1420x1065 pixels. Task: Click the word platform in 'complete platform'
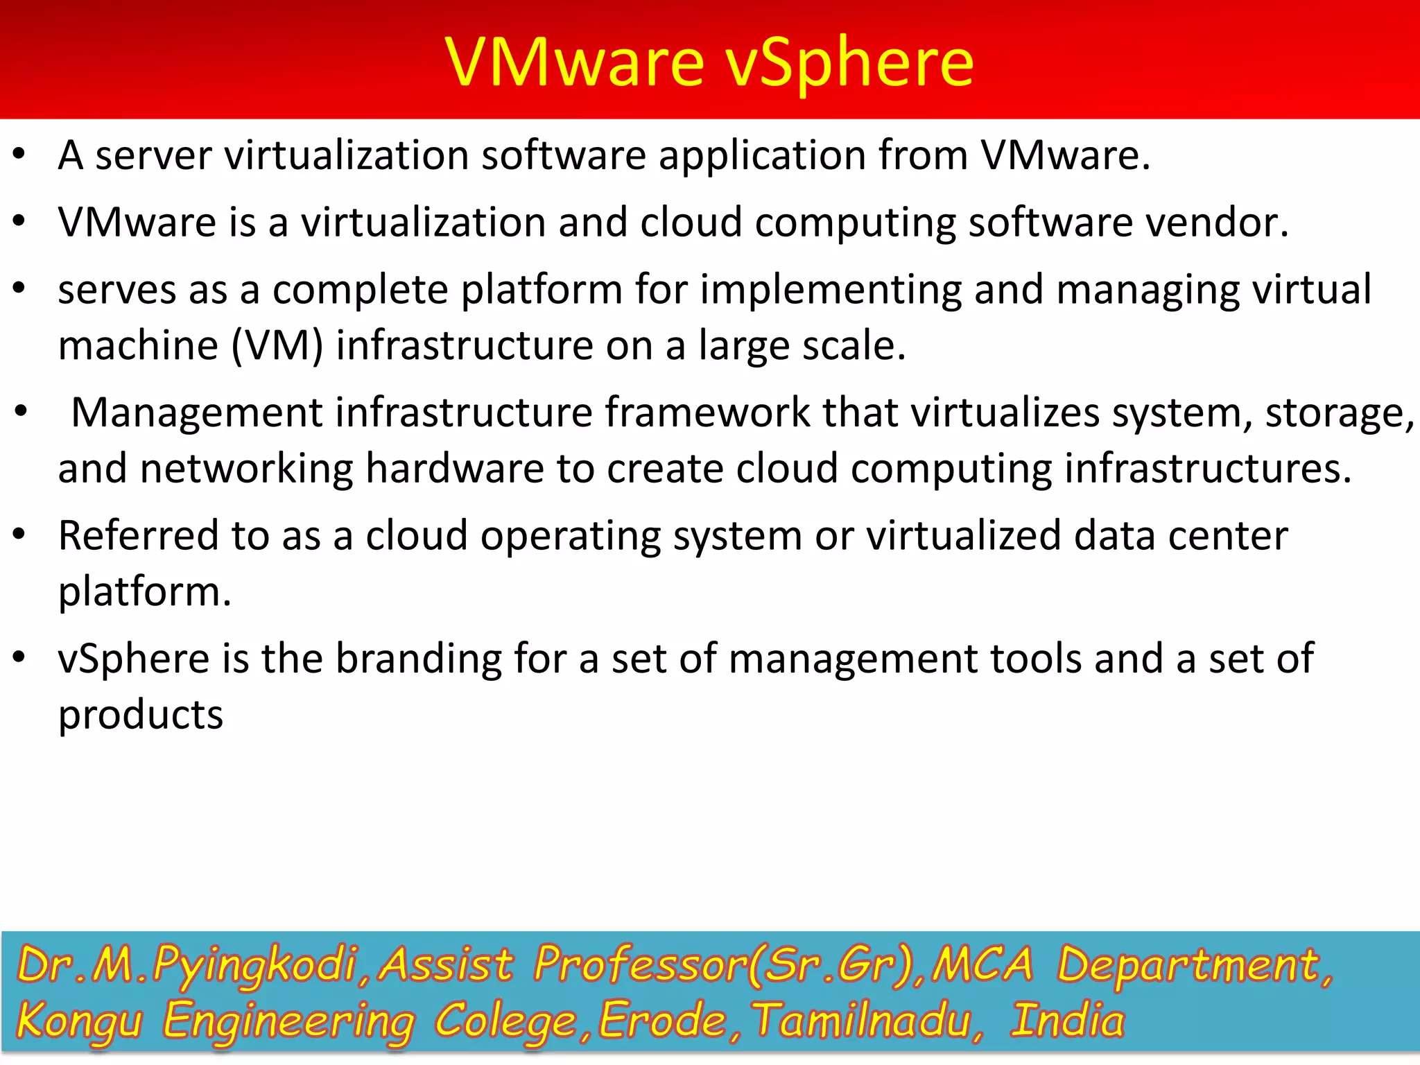pyautogui.click(x=542, y=289)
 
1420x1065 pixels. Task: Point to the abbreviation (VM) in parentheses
pyautogui.click(x=277, y=345)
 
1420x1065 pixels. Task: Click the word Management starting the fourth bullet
pyautogui.click(x=197, y=413)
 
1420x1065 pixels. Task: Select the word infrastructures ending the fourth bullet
pyautogui.click(x=1207, y=469)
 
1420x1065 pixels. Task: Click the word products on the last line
pyautogui.click(x=141, y=715)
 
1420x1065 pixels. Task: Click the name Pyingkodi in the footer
pyautogui.click(x=254, y=965)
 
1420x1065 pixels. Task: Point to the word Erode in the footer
pyautogui.click(x=662, y=1021)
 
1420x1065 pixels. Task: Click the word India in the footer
pyautogui.click(x=1067, y=1021)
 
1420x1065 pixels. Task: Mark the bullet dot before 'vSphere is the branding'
pyautogui.click(x=19, y=656)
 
